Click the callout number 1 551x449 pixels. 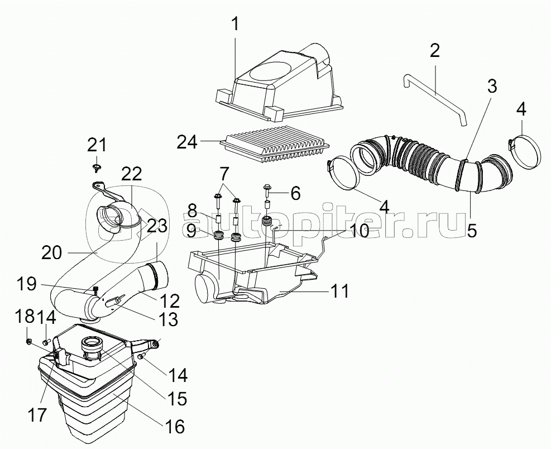tap(235, 24)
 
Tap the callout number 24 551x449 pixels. tap(187, 142)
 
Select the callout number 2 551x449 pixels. tap(435, 51)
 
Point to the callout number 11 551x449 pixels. tap(339, 291)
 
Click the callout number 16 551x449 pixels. tap(174, 427)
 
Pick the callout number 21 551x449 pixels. tap(97, 145)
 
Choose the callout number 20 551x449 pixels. tap(52, 252)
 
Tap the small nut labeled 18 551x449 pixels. tap(30, 341)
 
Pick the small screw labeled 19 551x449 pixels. tap(96, 290)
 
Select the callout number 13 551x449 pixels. tap(168, 319)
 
